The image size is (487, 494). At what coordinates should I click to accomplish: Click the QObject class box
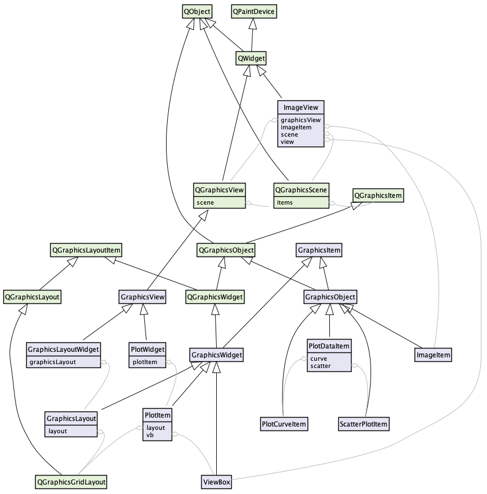click(197, 11)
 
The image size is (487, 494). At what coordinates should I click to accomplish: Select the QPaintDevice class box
click(254, 11)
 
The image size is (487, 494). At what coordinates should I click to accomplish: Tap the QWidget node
click(251, 57)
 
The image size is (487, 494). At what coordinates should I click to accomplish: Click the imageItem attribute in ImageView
click(296, 127)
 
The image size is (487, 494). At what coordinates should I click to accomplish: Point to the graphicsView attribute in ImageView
click(300, 120)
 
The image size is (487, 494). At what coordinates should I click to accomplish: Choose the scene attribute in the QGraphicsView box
click(206, 202)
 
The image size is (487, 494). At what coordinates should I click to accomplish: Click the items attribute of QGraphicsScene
click(285, 202)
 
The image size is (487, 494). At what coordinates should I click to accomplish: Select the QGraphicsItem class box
click(378, 196)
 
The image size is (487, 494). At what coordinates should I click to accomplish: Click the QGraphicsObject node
click(226, 250)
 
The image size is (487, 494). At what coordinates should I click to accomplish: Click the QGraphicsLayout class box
click(32, 297)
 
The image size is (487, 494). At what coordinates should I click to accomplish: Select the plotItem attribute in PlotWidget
click(144, 362)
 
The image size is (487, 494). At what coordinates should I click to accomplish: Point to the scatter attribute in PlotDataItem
click(320, 366)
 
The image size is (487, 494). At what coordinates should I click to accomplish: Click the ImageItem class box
click(433, 354)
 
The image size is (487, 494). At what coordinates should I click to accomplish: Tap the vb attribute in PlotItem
click(150, 435)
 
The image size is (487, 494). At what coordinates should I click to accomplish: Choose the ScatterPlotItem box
click(363, 424)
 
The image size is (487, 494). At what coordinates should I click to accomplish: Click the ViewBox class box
click(216, 481)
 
